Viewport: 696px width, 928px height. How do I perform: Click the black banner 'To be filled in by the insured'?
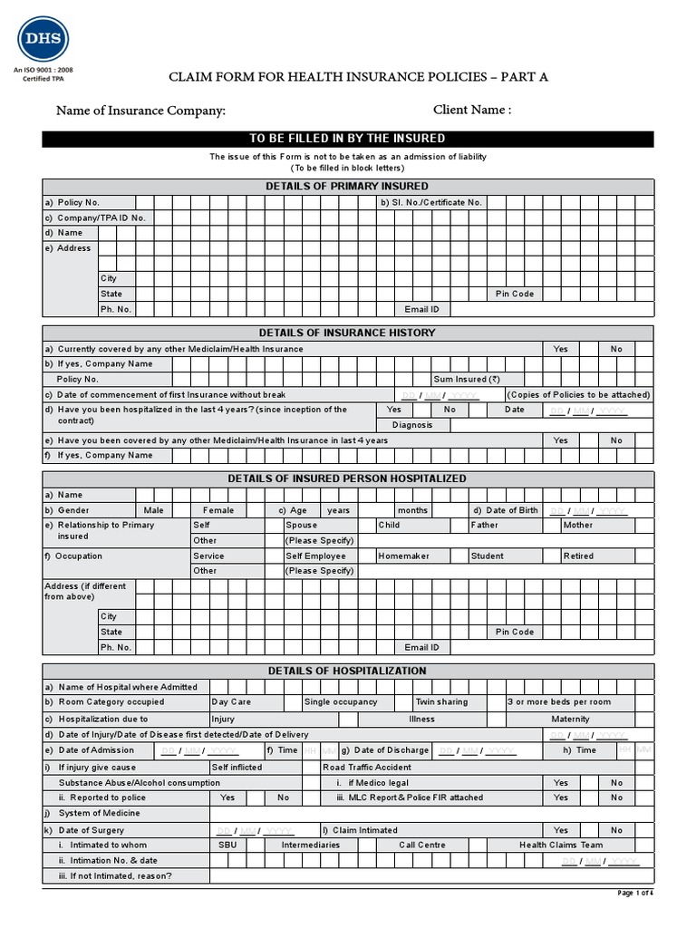[x=348, y=139]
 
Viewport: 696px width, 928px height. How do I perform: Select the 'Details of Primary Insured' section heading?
[x=348, y=187]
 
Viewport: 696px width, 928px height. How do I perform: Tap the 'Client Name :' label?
[x=472, y=110]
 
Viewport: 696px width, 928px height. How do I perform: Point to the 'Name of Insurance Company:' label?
[x=140, y=111]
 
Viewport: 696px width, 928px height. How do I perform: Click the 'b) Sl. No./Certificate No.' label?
[x=432, y=203]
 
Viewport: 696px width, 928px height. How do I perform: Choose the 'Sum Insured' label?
[x=467, y=380]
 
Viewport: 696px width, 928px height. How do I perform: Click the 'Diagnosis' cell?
[x=412, y=425]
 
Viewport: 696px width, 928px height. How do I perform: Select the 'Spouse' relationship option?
[x=302, y=526]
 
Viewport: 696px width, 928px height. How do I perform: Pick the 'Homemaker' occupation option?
[x=403, y=556]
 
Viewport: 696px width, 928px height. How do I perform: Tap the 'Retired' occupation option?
[x=578, y=556]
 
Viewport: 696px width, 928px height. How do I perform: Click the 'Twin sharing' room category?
[x=442, y=702]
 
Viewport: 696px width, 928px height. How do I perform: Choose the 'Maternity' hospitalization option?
[x=570, y=720]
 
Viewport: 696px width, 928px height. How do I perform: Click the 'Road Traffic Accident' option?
[x=367, y=768]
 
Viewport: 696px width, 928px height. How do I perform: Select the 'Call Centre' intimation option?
[x=422, y=846]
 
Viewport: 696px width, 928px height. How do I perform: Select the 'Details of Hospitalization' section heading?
[x=348, y=672]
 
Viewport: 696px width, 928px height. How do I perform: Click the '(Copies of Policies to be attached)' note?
[x=579, y=395]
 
